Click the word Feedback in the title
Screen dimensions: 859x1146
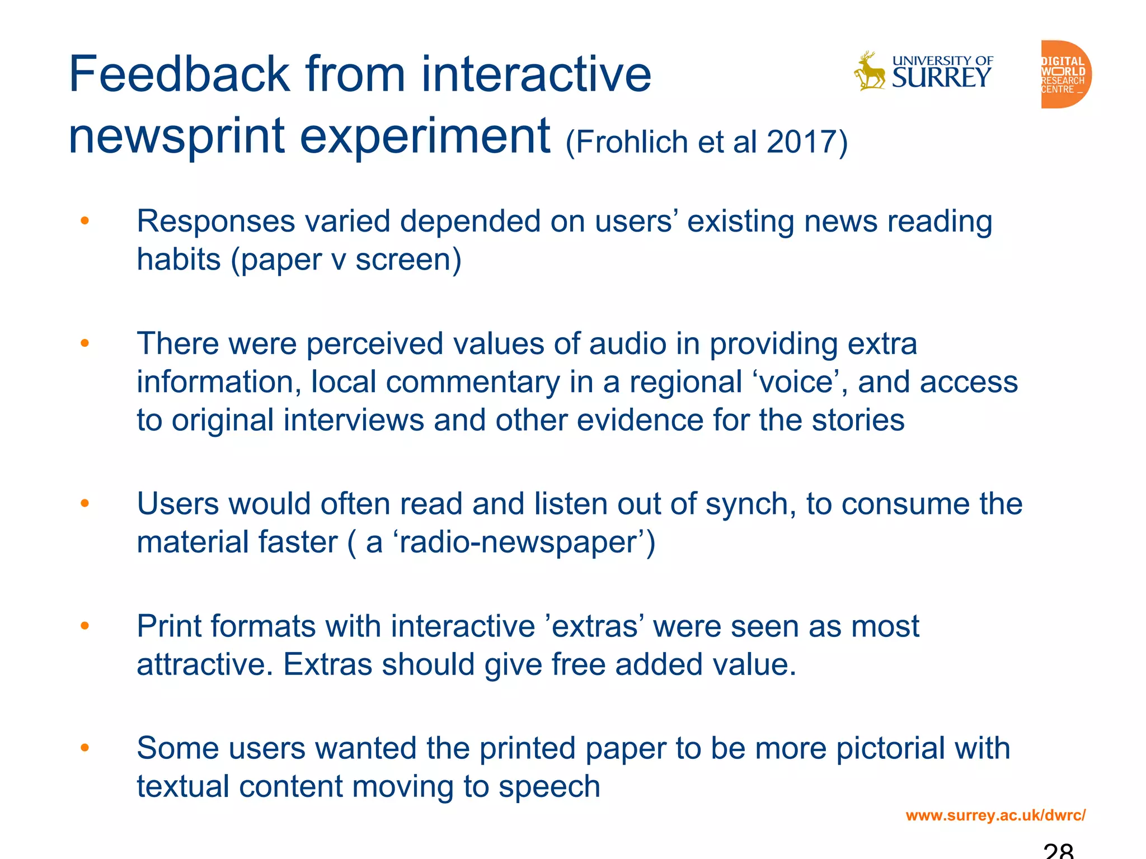pos(179,75)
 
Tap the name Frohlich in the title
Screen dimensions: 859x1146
pos(632,142)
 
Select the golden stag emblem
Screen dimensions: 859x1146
pos(869,72)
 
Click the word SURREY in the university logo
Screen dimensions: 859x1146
pos(941,78)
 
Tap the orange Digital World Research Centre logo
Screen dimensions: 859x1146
pos(1064,74)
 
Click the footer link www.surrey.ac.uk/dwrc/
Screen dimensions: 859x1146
pos(995,815)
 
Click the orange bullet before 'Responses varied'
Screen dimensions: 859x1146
pos(84,221)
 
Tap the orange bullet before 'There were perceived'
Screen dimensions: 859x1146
pos(84,343)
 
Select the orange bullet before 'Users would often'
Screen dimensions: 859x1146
pos(84,503)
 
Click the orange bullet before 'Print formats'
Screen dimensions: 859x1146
pos(84,626)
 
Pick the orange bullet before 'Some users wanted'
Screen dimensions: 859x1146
pos(84,748)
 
